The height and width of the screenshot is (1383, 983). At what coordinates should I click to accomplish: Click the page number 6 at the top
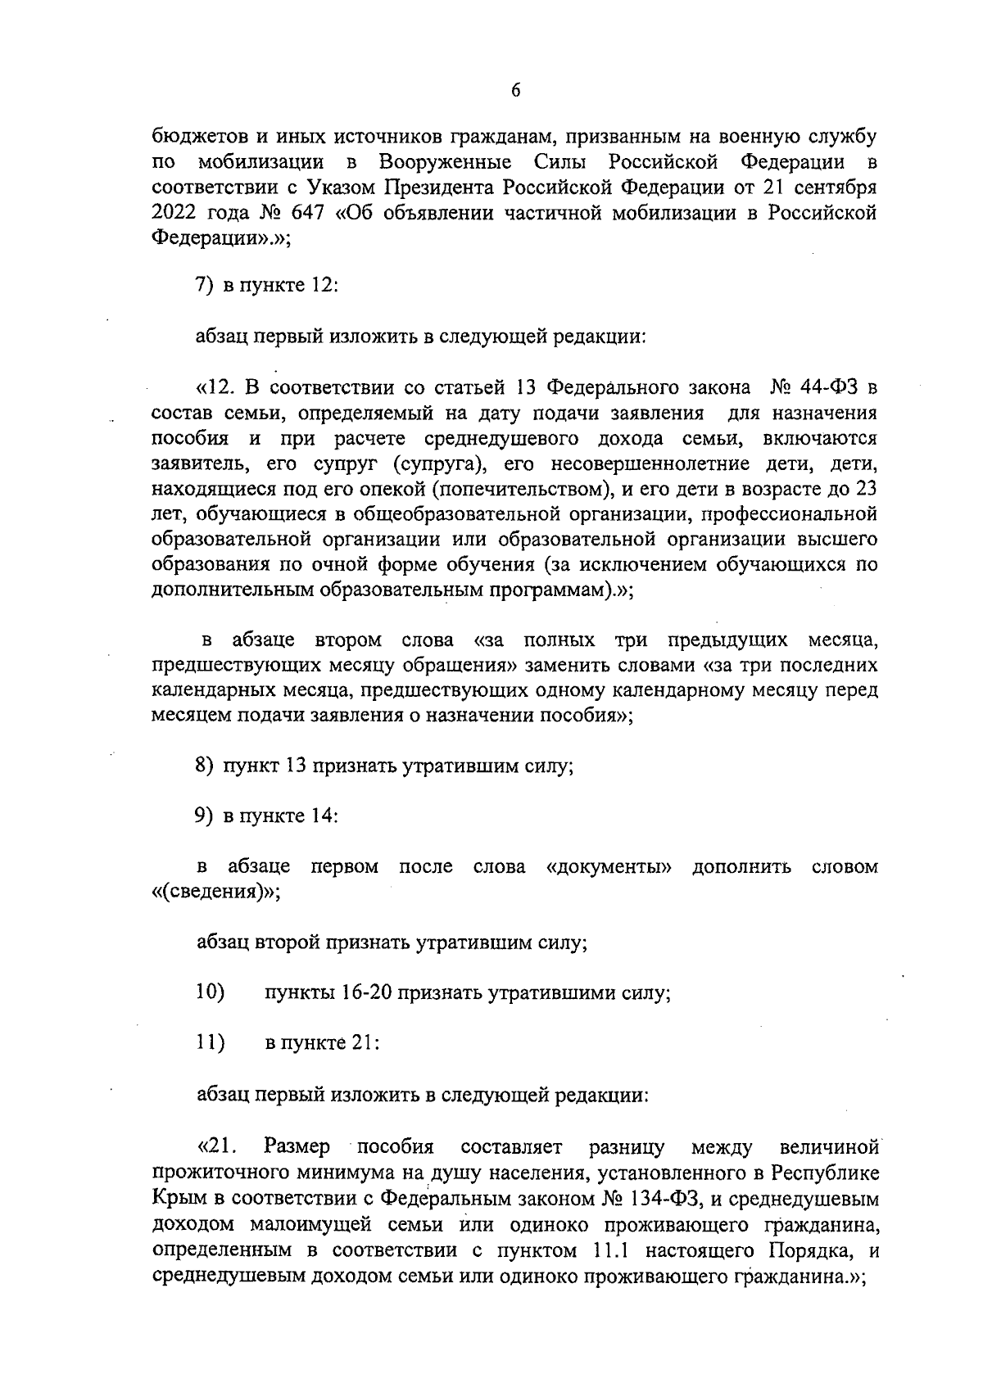pyautogui.click(x=515, y=92)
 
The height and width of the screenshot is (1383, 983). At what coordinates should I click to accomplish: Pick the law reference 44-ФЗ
pyautogui.click(x=829, y=386)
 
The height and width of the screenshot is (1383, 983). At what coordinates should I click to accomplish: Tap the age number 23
pyautogui.click(x=866, y=489)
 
